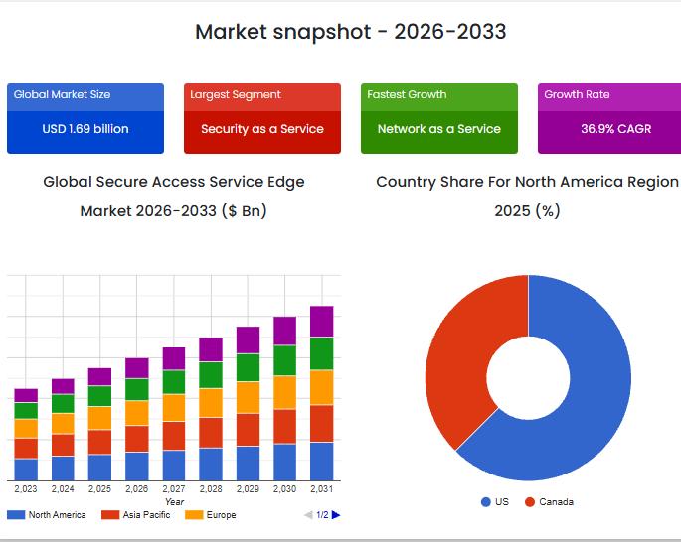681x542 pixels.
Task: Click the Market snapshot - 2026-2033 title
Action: pyautogui.click(x=350, y=32)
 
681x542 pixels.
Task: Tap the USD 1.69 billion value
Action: pyautogui.click(x=85, y=129)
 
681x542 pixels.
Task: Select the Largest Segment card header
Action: pyautogui.click(x=236, y=95)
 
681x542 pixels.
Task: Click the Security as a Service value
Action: pyautogui.click(x=262, y=129)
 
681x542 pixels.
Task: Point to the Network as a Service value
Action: pyautogui.click(x=439, y=129)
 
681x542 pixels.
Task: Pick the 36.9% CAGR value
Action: pyautogui.click(x=616, y=129)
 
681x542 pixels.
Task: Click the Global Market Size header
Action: pyautogui.click(x=62, y=95)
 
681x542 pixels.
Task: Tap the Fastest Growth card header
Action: pyautogui.click(x=407, y=95)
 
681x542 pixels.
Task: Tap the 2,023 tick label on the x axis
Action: pyautogui.click(x=26, y=489)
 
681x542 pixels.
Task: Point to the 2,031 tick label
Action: pyautogui.click(x=321, y=489)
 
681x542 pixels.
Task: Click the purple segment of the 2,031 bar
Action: pyautogui.click(x=321, y=321)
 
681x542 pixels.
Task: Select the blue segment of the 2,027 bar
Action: pyautogui.click(x=174, y=466)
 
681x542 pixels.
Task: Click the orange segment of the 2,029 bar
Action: pyautogui.click(x=248, y=397)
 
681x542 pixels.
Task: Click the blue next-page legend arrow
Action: pyautogui.click(x=336, y=515)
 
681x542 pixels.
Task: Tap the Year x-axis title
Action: pyautogui.click(x=174, y=502)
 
